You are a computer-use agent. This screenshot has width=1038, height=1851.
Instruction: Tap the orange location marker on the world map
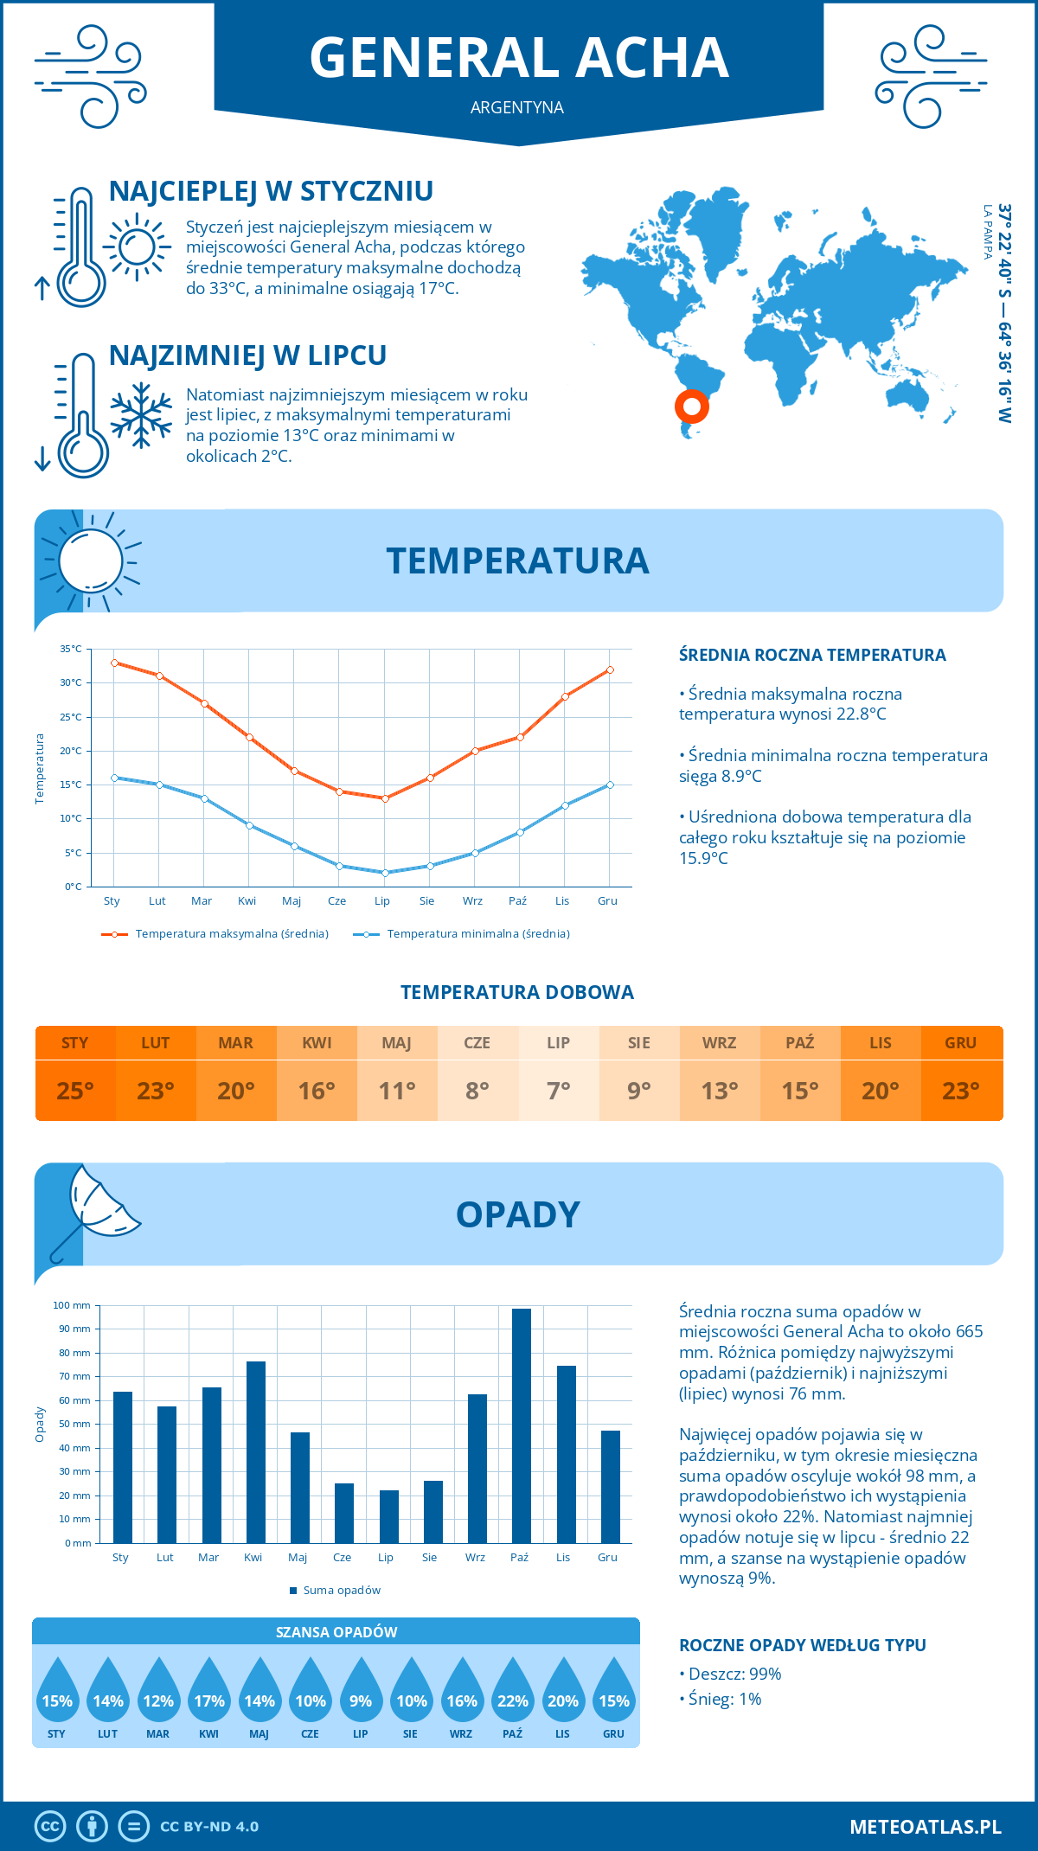coord(691,406)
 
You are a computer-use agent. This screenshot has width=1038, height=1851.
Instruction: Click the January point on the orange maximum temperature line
coord(114,663)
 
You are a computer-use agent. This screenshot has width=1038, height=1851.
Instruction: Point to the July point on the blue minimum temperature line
coord(385,873)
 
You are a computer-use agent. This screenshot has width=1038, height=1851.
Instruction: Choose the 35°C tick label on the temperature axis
coord(71,649)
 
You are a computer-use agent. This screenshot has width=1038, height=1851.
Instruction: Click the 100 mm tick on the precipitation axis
coord(72,1305)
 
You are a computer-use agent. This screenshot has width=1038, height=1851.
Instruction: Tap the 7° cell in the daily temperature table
coord(559,1091)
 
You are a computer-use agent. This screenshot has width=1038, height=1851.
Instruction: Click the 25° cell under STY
coord(75,1091)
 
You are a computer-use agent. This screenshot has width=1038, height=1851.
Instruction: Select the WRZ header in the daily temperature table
coord(720,1043)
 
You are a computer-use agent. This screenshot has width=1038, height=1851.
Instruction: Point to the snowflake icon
coord(141,415)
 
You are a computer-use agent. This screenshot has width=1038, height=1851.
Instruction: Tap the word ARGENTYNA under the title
coord(517,107)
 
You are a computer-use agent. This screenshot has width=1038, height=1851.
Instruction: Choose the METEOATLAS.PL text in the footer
coord(925,1827)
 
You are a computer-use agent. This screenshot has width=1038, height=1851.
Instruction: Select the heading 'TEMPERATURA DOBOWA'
coord(517,992)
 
